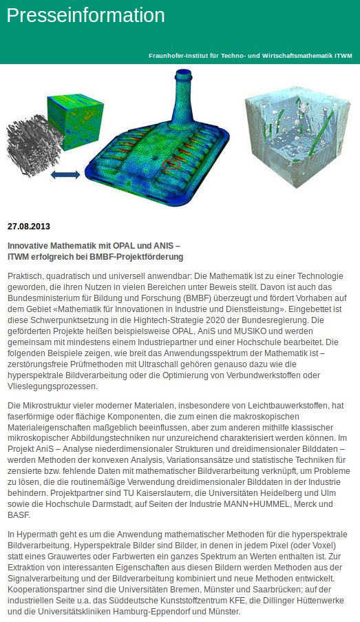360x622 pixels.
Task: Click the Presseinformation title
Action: (86, 16)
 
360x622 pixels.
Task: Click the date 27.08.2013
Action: (29, 226)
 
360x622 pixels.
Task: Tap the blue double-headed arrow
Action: (66, 175)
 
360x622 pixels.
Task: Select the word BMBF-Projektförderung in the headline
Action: (135, 257)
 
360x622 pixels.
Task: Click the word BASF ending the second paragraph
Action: (20, 516)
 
